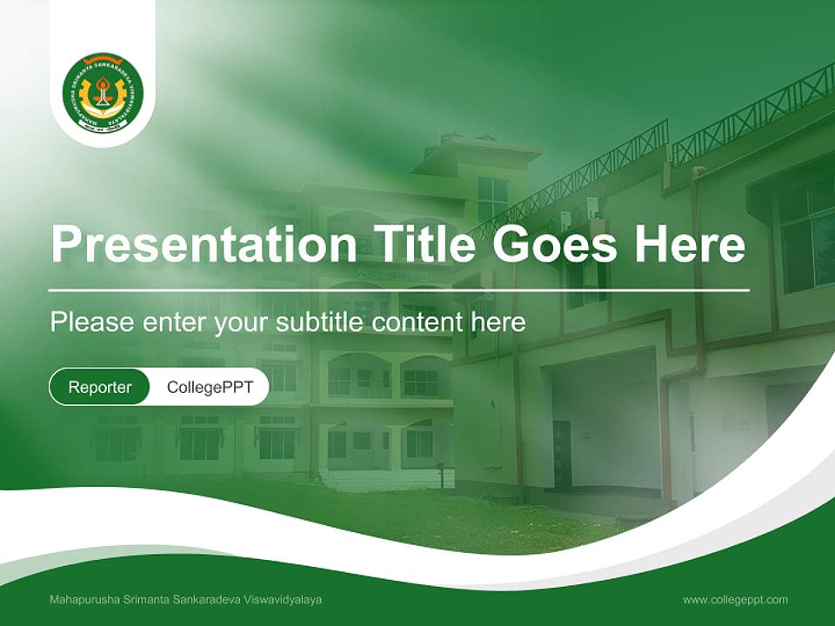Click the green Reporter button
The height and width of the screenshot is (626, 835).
coord(100,387)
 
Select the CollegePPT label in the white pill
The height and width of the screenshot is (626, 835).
coord(210,387)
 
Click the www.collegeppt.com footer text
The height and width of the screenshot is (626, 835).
coord(735,599)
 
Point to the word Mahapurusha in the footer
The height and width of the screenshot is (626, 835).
coord(84,600)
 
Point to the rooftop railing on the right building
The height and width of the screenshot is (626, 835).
coord(748,109)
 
